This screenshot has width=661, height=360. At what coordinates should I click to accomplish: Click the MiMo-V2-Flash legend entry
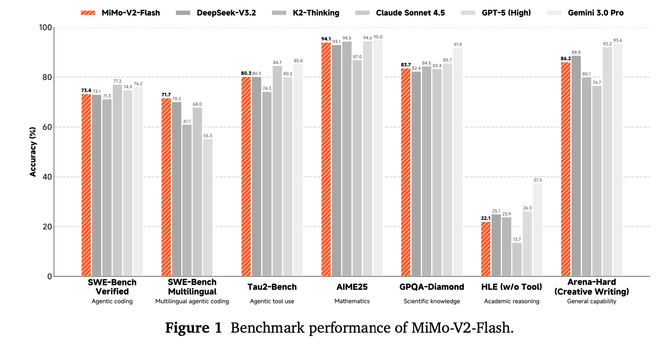coord(120,13)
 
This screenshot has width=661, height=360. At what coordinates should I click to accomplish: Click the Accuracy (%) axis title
coord(33,152)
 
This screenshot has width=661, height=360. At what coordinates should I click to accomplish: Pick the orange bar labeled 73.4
coord(86,185)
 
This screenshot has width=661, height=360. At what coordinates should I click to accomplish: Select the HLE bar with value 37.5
coord(538,230)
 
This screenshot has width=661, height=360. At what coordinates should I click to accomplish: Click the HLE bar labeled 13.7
coord(517,259)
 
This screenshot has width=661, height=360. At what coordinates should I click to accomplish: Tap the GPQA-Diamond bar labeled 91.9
coord(458,162)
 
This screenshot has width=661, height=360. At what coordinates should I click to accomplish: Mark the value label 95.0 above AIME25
coord(378,37)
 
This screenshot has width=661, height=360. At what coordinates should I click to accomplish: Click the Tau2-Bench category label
coord(272,287)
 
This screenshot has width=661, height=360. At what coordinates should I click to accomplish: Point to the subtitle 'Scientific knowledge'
coord(432,301)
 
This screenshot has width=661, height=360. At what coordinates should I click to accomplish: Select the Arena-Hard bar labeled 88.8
coord(576,166)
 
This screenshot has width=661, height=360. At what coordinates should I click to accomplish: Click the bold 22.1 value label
coord(485,218)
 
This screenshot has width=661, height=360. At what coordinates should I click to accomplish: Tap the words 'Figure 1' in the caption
coord(193,328)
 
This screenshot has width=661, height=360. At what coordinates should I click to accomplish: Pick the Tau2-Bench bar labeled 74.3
coord(267,184)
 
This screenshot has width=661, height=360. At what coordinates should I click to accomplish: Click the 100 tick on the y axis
coord(45,27)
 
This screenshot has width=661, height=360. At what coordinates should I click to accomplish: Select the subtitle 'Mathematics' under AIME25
coord(352,301)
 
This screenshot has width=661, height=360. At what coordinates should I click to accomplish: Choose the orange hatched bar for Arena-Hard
coord(566,169)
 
